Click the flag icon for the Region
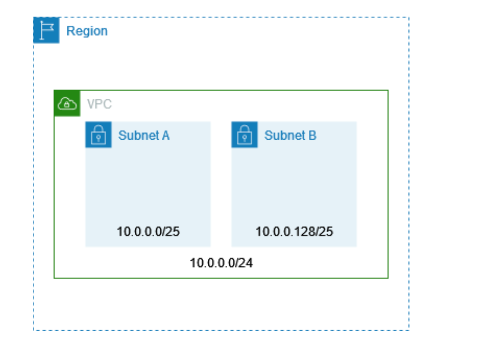pyautogui.click(x=46, y=30)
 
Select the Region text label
pyautogui.click(x=87, y=31)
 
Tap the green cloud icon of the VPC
pyautogui.click(x=67, y=104)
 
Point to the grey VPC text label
pyautogui.click(x=99, y=104)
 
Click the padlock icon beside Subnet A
pyautogui.click(x=98, y=135)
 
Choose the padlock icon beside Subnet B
pyautogui.click(x=244, y=135)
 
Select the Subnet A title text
pyautogui.click(x=144, y=135)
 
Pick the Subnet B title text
pyautogui.click(x=290, y=135)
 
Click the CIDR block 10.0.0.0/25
pyautogui.click(x=148, y=232)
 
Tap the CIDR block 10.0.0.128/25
pyautogui.click(x=294, y=232)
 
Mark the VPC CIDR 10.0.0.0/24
pyautogui.click(x=221, y=263)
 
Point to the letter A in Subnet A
pyautogui.click(x=165, y=135)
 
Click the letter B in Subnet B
pyautogui.click(x=312, y=135)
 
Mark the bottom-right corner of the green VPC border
pyautogui.click(x=388, y=278)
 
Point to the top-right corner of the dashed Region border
pyautogui.click(x=409, y=18)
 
